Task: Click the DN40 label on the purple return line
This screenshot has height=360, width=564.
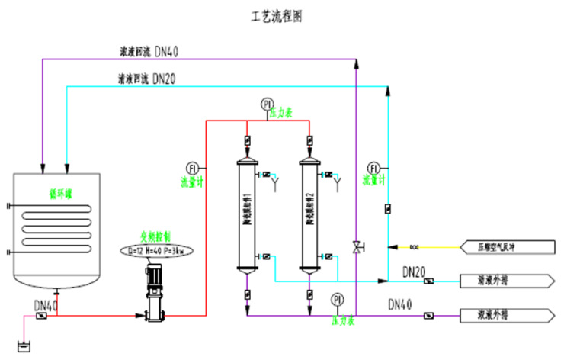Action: coord(167,52)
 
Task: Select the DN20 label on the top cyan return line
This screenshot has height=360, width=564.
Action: coord(167,78)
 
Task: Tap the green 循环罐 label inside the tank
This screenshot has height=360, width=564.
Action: coord(58,194)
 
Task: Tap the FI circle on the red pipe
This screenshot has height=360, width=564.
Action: coord(192,167)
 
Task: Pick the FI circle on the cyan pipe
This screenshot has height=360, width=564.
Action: coord(373,167)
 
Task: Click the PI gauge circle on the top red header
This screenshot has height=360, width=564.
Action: coord(267,103)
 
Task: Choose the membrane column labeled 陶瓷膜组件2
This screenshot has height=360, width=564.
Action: coord(309,214)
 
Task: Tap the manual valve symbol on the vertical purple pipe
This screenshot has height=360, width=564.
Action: coord(356,246)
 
